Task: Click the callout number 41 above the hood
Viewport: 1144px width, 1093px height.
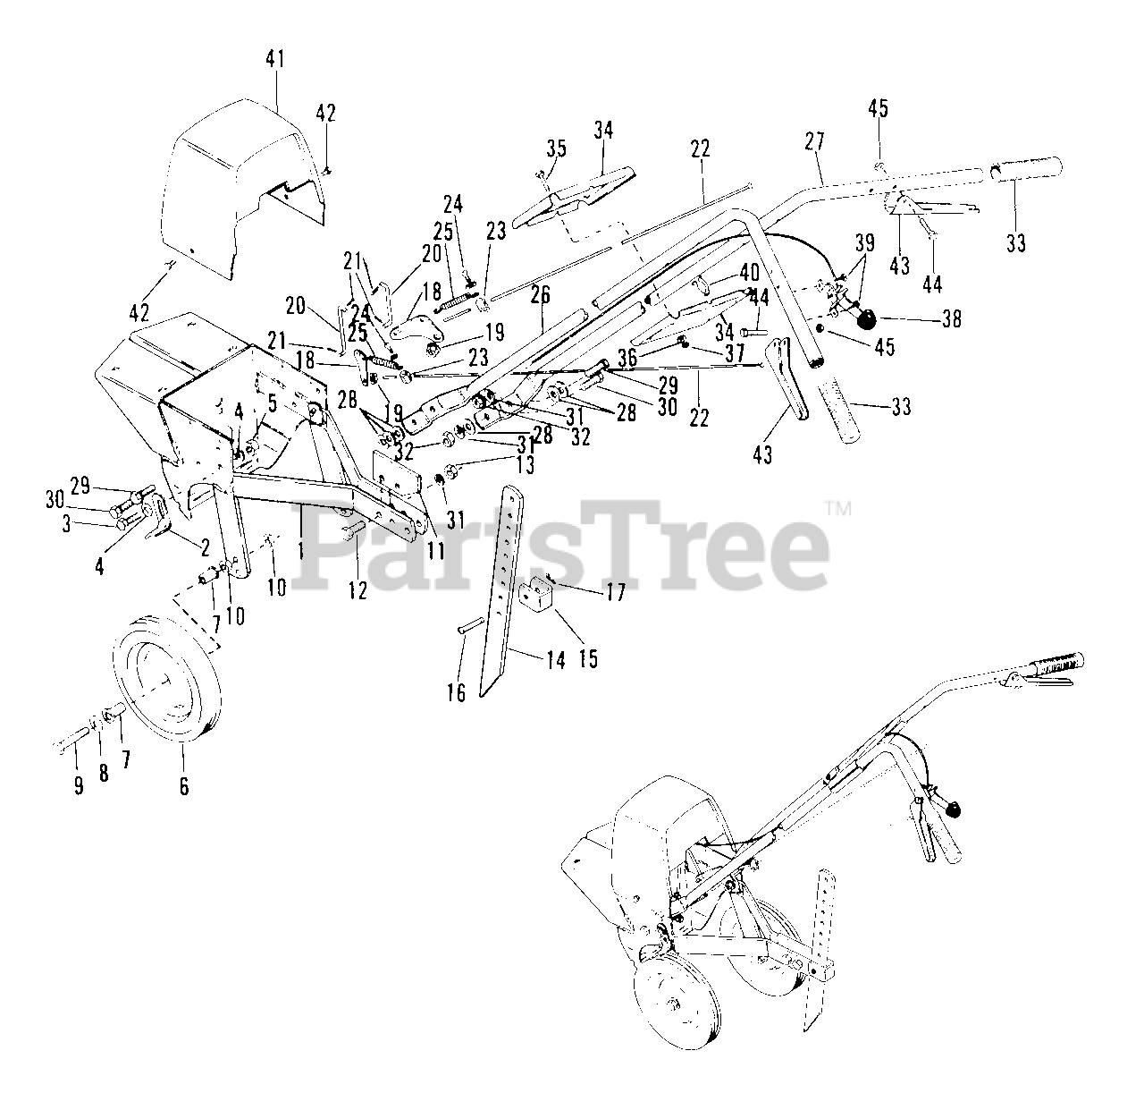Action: (x=274, y=61)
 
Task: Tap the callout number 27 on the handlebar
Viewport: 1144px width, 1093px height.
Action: (x=814, y=141)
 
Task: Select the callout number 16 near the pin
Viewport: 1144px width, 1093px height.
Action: (x=457, y=692)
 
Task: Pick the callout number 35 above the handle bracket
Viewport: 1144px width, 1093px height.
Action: (x=556, y=148)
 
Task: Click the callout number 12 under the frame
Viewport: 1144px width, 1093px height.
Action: (x=357, y=591)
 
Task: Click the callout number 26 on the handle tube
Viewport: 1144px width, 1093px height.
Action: (x=543, y=292)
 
